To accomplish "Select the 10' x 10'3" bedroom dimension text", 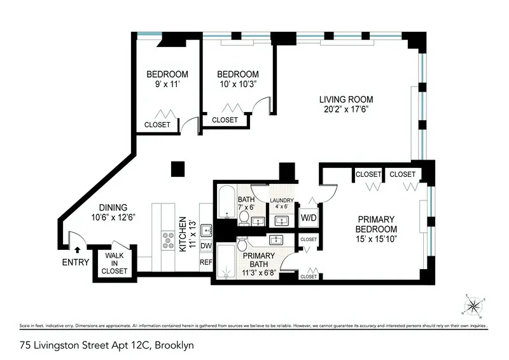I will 237,85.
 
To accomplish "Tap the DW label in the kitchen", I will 206,245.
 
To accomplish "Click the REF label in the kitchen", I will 206,261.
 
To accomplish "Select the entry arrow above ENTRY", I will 77,251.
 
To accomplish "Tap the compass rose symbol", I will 473,307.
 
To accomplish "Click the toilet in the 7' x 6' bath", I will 244,217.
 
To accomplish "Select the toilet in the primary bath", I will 242,245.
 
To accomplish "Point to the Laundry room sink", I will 281,220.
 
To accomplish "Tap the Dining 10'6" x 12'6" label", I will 113,212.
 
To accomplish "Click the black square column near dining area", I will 178,169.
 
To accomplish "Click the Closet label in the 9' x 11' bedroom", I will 157,125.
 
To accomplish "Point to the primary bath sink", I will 276,240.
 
